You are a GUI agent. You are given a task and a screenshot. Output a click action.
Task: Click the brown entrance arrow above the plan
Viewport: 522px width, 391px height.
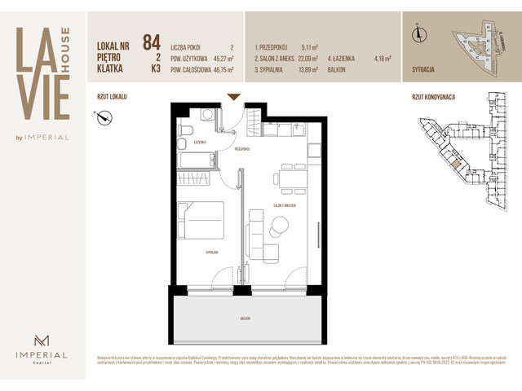[x=234, y=97]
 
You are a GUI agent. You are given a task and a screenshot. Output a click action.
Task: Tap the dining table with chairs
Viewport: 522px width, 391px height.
[x=291, y=178]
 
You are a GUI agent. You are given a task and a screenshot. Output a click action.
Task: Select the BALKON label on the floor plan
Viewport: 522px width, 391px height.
[x=245, y=319]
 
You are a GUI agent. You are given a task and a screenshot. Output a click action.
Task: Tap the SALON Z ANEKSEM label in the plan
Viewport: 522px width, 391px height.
[x=285, y=205]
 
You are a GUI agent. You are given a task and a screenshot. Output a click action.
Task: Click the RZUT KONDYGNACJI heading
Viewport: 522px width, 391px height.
[x=433, y=96]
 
